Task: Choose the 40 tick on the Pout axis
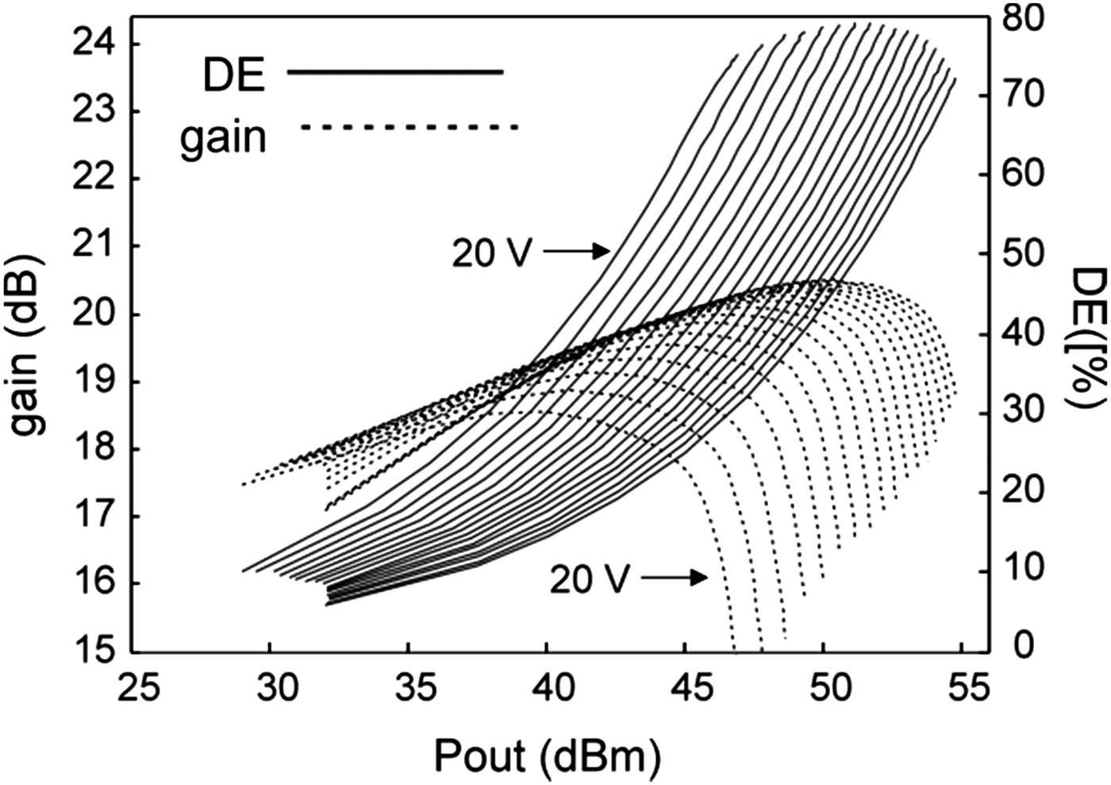(x=547, y=686)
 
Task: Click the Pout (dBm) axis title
(x=547, y=756)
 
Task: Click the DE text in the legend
(x=233, y=75)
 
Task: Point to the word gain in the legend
(x=222, y=137)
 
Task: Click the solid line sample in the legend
(x=394, y=72)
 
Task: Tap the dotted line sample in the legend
(x=409, y=127)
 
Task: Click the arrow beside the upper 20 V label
(x=577, y=252)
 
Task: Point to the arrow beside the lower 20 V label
(x=674, y=578)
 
